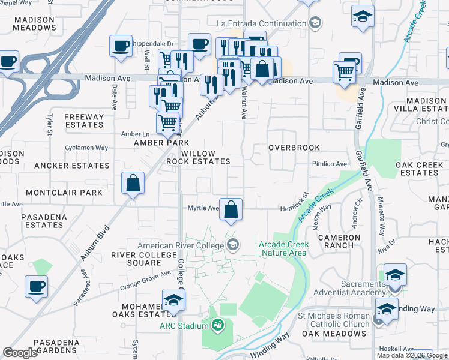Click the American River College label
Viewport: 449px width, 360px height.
[181, 245]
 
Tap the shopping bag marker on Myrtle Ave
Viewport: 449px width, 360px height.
[231, 209]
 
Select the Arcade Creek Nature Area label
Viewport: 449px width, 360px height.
[284, 248]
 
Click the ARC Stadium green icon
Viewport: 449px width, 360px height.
[217, 326]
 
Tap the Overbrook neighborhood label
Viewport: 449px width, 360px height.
[291, 147]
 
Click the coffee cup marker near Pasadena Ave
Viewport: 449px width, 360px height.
[37, 286]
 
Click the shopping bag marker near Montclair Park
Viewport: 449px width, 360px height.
[133, 184]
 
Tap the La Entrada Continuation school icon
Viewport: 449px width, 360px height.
[315, 23]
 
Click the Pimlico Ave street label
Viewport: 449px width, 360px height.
[329, 164]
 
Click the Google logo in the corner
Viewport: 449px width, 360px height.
[20, 353]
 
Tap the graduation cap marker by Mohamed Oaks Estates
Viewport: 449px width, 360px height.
[173, 300]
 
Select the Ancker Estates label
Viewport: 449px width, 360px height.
[71, 166]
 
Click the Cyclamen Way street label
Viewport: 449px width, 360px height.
[87, 148]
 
